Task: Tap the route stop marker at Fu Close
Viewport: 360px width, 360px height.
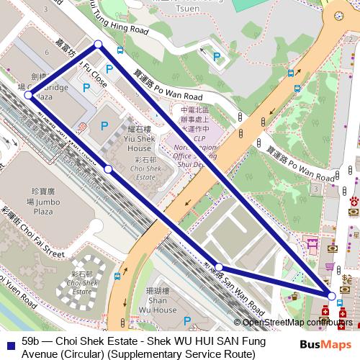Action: [x=99, y=45]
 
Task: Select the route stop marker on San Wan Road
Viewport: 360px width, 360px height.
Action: [x=218, y=268]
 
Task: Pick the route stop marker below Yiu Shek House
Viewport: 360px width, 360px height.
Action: [x=108, y=168]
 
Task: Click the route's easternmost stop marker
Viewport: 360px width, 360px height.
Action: [x=331, y=296]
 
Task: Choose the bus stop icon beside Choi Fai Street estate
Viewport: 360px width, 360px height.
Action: [x=117, y=276]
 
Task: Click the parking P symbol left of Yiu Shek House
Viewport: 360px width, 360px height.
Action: [x=104, y=125]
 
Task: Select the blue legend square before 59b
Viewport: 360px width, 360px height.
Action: [x=9, y=343]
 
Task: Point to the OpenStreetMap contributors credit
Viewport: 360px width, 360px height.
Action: [x=295, y=323]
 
